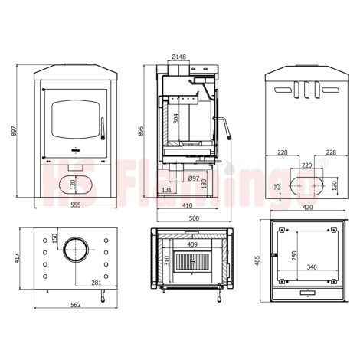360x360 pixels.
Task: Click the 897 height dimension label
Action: [x=15, y=130]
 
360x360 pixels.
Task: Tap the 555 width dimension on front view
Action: [x=76, y=205]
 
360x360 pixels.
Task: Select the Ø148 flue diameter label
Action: [x=178, y=57]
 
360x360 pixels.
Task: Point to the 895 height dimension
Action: [x=141, y=131]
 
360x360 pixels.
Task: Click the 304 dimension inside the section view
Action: [x=176, y=118]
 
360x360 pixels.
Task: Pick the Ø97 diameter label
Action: [x=194, y=178]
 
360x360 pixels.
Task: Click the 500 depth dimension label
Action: [x=194, y=218]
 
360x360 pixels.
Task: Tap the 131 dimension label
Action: [x=166, y=190]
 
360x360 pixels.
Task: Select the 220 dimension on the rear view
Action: [x=306, y=165]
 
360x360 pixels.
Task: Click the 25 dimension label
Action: [x=278, y=186]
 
